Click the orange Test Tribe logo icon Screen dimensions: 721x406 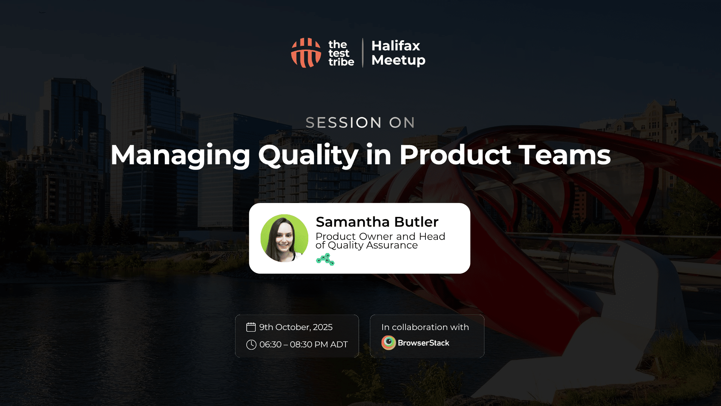coord(306,53)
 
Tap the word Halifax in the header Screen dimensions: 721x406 coord(396,46)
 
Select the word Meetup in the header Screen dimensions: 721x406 coord(398,61)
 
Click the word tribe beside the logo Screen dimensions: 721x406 coord(341,62)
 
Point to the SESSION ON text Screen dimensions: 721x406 coord(360,123)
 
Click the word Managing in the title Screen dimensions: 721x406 coord(180,155)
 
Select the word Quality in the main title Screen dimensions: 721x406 coord(308,155)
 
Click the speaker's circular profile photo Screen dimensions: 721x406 coord(284,238)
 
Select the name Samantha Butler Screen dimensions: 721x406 coord(377,222)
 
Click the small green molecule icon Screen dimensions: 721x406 coord(325,259)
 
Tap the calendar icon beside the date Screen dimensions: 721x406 coord(251,327)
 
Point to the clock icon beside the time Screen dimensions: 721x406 coord(251,345)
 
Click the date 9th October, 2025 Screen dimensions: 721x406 coord(296,327)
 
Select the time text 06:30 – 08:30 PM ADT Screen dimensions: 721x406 coord(303,344)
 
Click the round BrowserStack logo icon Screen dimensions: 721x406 coord(389,343)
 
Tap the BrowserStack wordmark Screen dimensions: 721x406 coord(424,343)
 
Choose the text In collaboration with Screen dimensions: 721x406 coord(425,327)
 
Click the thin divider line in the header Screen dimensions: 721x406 coord(363,53)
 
